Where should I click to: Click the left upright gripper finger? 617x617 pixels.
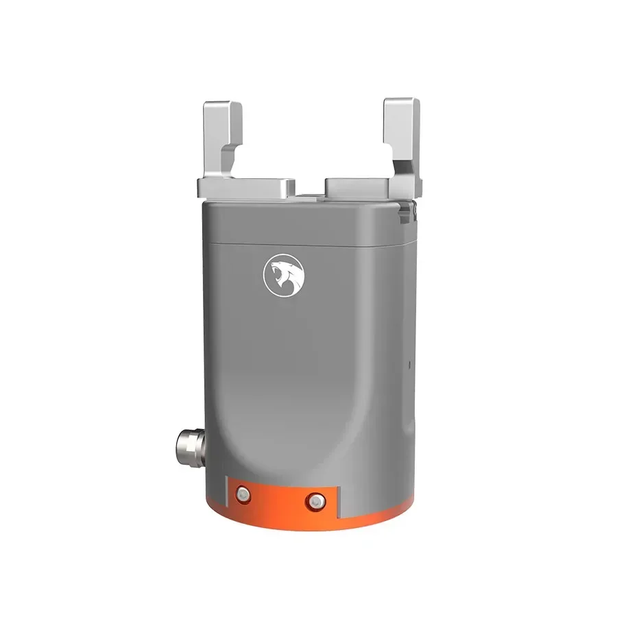click(x=221, y=137)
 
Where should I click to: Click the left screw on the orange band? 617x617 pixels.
click(x=241, y=494)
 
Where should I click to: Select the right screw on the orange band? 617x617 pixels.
click(x=315, y=500)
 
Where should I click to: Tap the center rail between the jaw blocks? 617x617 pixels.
click(x=311, y=197)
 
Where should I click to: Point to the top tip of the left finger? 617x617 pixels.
click(x=221, y=104)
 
